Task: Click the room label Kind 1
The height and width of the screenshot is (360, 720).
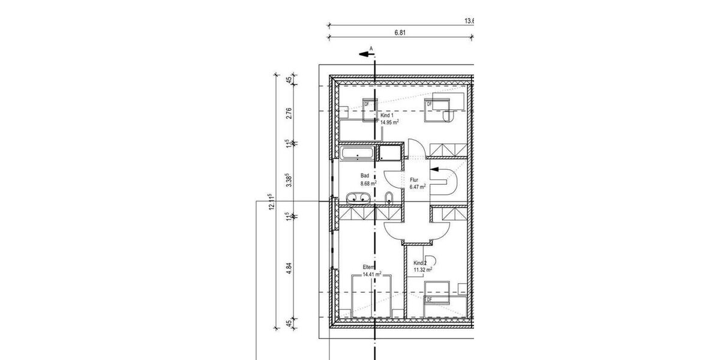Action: pos(387,115)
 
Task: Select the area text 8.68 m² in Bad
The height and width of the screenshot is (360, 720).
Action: pos(368,184)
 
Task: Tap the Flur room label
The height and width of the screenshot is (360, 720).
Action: pos(413,179)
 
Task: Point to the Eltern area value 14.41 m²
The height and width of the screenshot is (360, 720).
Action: pos(371,275)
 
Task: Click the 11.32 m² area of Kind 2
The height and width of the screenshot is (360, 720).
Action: pos(422,271)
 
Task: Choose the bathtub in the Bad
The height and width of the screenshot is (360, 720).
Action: pos(358,154)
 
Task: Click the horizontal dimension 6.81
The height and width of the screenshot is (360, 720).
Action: pos(401,34)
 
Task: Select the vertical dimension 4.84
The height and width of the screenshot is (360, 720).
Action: pos(289,269)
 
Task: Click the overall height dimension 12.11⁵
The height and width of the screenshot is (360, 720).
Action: pos(271,202)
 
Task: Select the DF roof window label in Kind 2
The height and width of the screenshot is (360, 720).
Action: pos(429,299)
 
